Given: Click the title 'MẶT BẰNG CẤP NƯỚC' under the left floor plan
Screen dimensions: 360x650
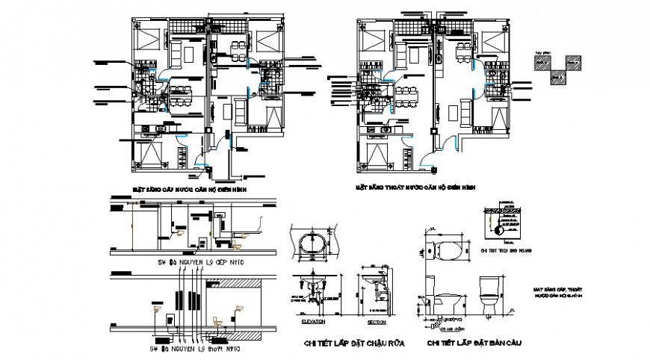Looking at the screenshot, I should (189, 190).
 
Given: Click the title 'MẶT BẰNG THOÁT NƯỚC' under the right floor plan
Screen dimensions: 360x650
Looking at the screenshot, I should (415, 188).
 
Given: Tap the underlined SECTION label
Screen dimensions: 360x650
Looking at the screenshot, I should (378, 323).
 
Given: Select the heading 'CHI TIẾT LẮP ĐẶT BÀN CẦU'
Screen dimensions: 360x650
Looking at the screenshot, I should (474, 343).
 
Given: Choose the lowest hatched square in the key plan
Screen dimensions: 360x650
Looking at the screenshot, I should (556, 76).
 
